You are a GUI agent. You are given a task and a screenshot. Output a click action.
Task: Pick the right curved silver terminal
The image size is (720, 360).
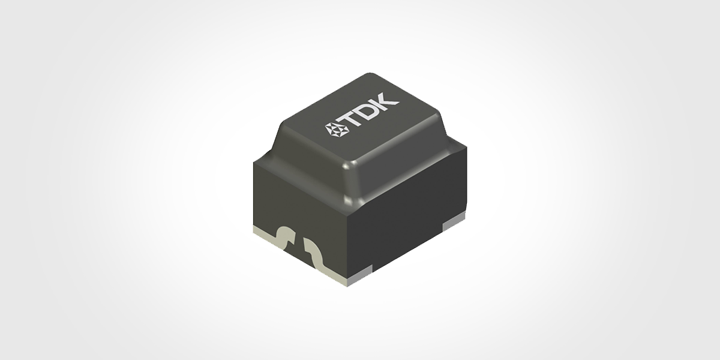[x=315, y=253]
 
